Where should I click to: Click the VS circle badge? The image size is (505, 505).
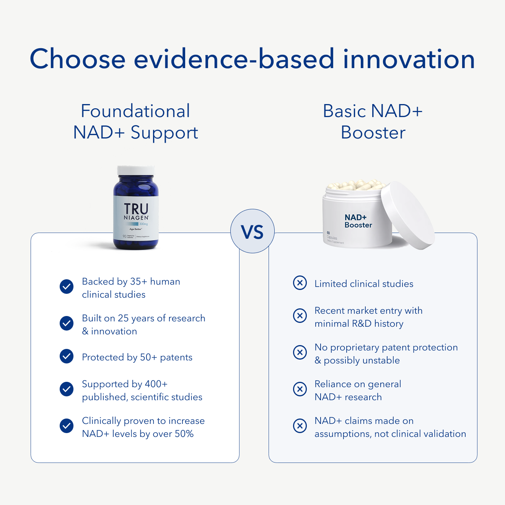click(252, 231)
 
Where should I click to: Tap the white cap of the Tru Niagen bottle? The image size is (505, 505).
click(136, 171)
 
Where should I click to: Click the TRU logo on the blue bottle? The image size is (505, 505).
click(136, 209)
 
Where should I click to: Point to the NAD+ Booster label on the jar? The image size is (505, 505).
click(358, 221)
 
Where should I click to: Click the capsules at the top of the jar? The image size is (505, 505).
click(356, 185)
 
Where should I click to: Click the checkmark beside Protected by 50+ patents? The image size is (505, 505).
click(67, 356)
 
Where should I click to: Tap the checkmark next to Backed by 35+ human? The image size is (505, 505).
click(67, 286)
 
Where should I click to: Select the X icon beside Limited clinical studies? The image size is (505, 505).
click(300, 283)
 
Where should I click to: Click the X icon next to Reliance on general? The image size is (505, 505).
click(300, 389)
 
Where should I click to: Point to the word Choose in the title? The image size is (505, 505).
click(78, 59)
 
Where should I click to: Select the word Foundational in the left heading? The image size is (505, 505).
click(135, 111)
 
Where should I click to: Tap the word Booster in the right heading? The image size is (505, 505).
click(373, 133)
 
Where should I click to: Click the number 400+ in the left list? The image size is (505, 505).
click(156, 384)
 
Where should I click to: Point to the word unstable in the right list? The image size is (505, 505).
click(381, 360)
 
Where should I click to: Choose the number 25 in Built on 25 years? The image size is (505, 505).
click(123, 318)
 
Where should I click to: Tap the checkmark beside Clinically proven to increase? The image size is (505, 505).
click(67, 426)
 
